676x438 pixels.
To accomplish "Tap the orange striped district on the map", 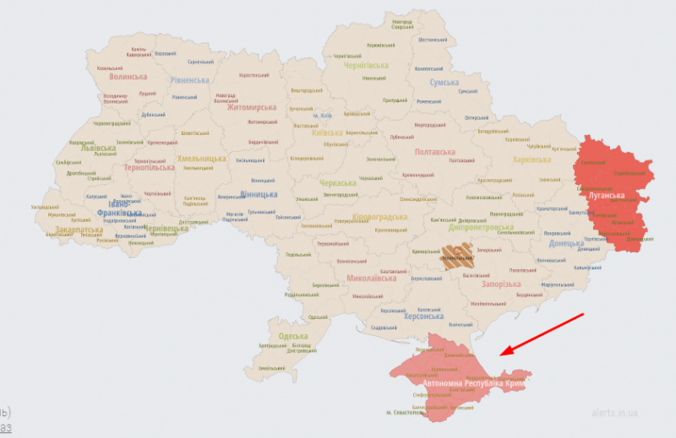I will click(x=460, y=257).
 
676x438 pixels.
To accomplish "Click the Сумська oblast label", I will click(x=444, y=83).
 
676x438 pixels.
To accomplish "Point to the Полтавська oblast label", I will click(x=437, y=152).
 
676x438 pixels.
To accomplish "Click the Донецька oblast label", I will click(x=567, y=244).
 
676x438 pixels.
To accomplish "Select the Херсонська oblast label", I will click(x=423, y=316).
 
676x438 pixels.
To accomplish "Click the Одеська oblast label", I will click(x=294, y=336).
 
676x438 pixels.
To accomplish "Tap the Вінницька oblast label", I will click(x=259, y=194).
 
